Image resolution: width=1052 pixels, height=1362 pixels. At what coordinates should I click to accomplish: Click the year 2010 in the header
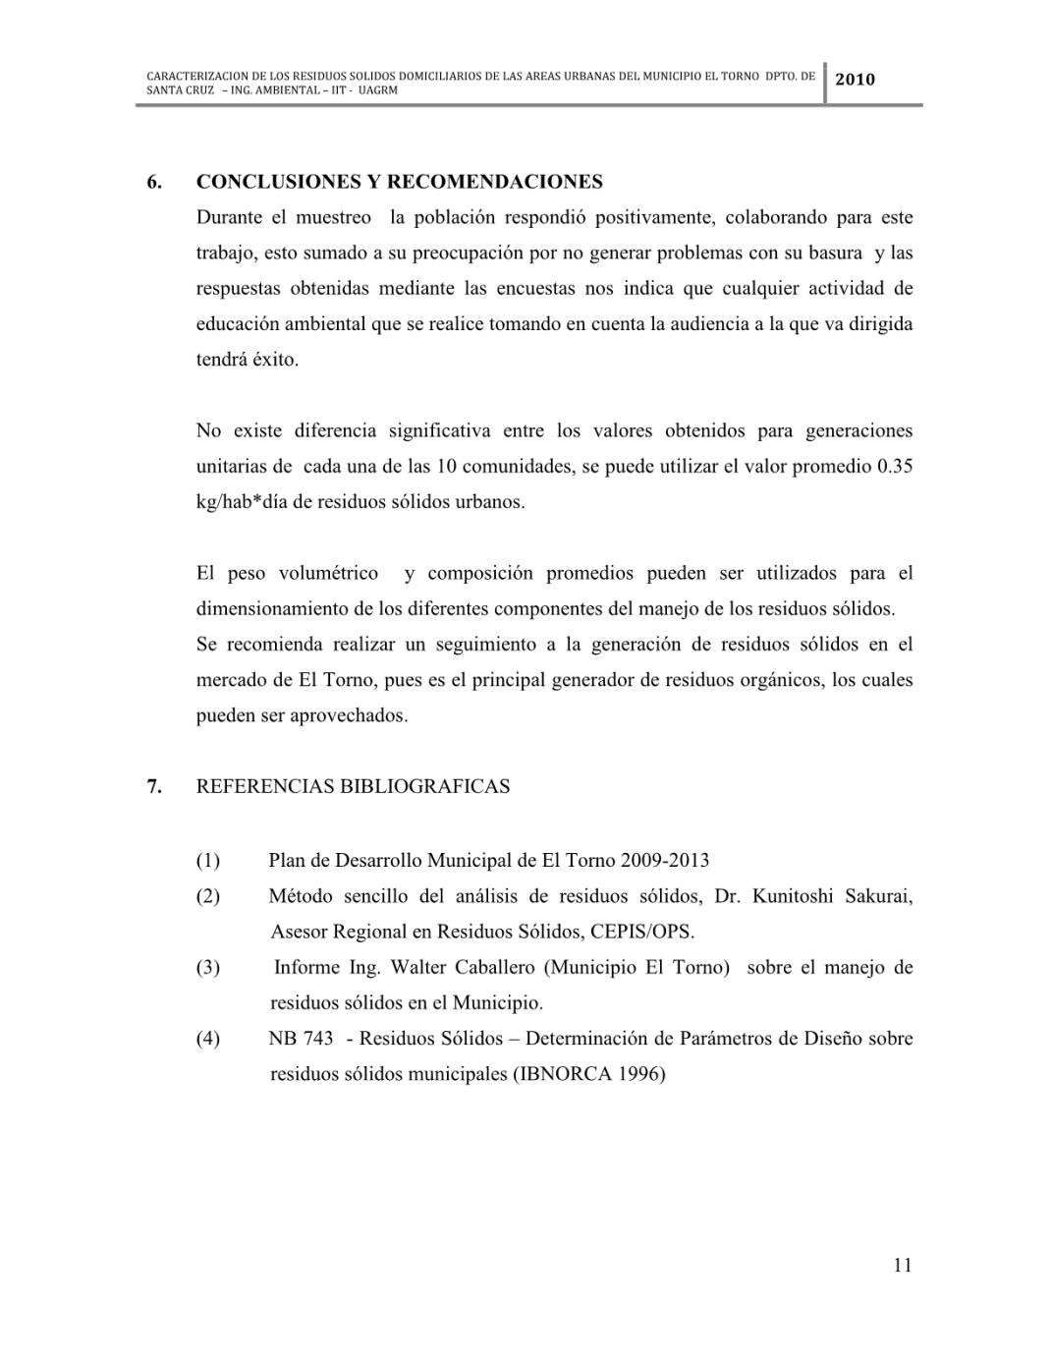point(855,79)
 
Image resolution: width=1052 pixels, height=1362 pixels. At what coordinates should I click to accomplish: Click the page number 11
point(903,1265)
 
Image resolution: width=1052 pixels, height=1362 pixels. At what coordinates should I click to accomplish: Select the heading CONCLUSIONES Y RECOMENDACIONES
point(399,182)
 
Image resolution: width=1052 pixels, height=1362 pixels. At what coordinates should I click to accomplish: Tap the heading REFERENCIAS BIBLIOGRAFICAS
point(353,786)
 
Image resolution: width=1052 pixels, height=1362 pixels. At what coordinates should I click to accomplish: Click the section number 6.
point(154,182)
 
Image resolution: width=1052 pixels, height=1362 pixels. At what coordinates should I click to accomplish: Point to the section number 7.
point(154,786)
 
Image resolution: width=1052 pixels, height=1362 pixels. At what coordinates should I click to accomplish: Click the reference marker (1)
point(208,861)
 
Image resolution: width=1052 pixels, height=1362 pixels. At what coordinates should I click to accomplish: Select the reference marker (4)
point(208,1039)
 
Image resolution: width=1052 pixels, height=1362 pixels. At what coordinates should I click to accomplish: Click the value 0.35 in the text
point(894,467)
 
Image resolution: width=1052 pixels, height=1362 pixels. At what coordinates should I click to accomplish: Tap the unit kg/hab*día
point(242,502)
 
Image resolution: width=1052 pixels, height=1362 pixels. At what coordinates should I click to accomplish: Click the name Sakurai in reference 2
point(878,896)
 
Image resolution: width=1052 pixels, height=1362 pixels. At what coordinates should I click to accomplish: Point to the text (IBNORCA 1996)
point(588,1074)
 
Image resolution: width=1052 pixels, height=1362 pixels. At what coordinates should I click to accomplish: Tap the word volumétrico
point(328,573)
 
